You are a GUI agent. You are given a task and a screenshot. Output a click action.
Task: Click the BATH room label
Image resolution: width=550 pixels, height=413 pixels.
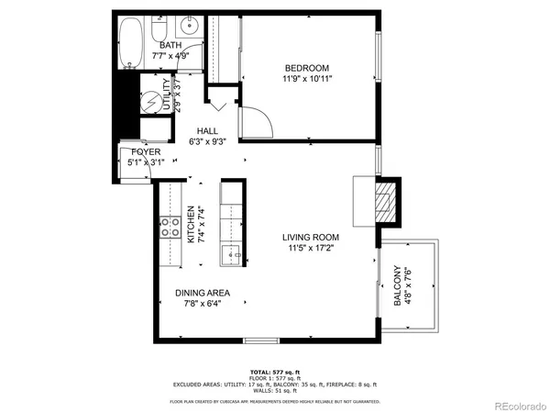coord(170,45)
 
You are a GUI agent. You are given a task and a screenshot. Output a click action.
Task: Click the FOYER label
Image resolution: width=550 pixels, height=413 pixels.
coord(146,151)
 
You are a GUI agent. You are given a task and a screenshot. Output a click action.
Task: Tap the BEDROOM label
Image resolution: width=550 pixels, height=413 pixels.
coord(307,68)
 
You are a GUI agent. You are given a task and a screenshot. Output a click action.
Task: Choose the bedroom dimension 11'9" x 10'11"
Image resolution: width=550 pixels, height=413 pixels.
coord(307,80)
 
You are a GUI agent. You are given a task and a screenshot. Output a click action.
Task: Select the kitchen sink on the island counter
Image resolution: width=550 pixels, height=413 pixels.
coord(232,254)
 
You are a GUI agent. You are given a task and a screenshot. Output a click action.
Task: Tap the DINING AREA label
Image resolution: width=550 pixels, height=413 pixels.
coord(202,294)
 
